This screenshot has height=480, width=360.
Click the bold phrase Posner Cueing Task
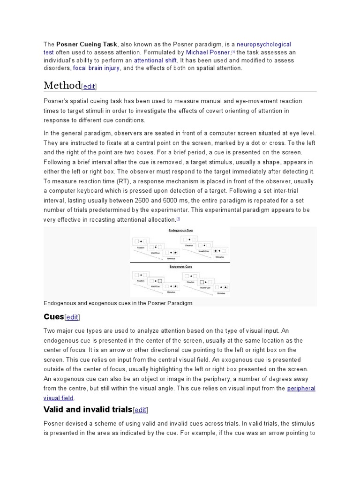click(x=87, y=44)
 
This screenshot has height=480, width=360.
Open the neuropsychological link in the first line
click(x=264, y=44)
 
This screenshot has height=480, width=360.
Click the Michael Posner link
click(x=208, y=52)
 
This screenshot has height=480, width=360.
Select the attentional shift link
click(x=155, y=60)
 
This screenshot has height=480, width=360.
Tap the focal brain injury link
click(x=97, y=68)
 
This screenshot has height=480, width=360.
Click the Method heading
click(x=62, y=85)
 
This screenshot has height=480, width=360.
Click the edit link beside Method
click(x=89, y=87)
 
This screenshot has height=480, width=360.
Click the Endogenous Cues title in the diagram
click(x=180, y=231)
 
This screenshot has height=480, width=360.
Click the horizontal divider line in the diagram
click(x=180, y=262)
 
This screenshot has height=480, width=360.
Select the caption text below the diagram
click(x=118, y=303)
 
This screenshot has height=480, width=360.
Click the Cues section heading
click(x=53, y=317)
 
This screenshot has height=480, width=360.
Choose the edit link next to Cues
click(x=72, y=318)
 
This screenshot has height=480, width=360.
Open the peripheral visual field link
click(x=301, y=388)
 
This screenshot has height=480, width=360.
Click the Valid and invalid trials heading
click(x=88, y=410)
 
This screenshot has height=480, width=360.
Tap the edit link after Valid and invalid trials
click(x=140, y=410)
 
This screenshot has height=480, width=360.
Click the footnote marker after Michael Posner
click(x=233, y=52)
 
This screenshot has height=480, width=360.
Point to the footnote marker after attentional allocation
click(x=178, y=218)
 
